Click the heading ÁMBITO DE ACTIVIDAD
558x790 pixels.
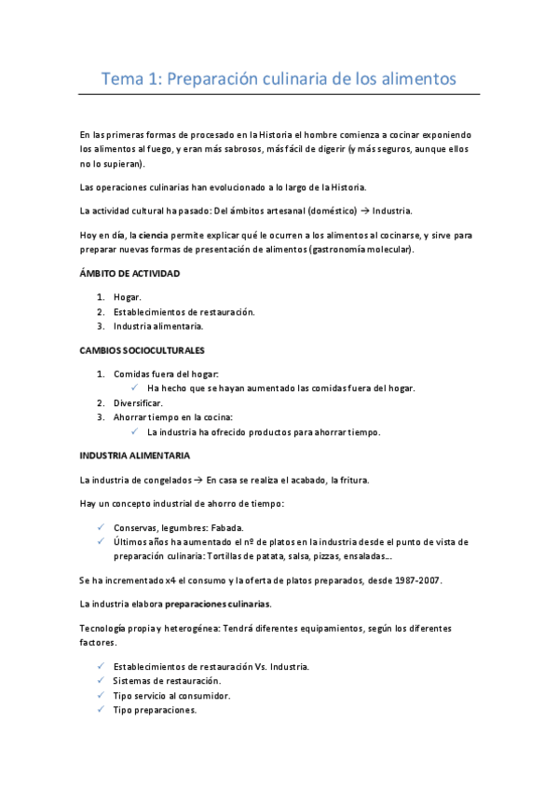tap(129, 274)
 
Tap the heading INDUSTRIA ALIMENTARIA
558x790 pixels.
tap(135, 456)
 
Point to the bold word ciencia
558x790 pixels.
tap(154, 236)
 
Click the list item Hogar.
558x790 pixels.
tap(128, 296)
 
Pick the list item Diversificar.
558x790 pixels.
tap(139, 402)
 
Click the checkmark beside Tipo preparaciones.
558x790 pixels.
tap(101, 710)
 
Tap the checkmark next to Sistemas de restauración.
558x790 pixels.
tap(101, 681)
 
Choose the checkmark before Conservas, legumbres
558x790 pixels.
tap(101, 527)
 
